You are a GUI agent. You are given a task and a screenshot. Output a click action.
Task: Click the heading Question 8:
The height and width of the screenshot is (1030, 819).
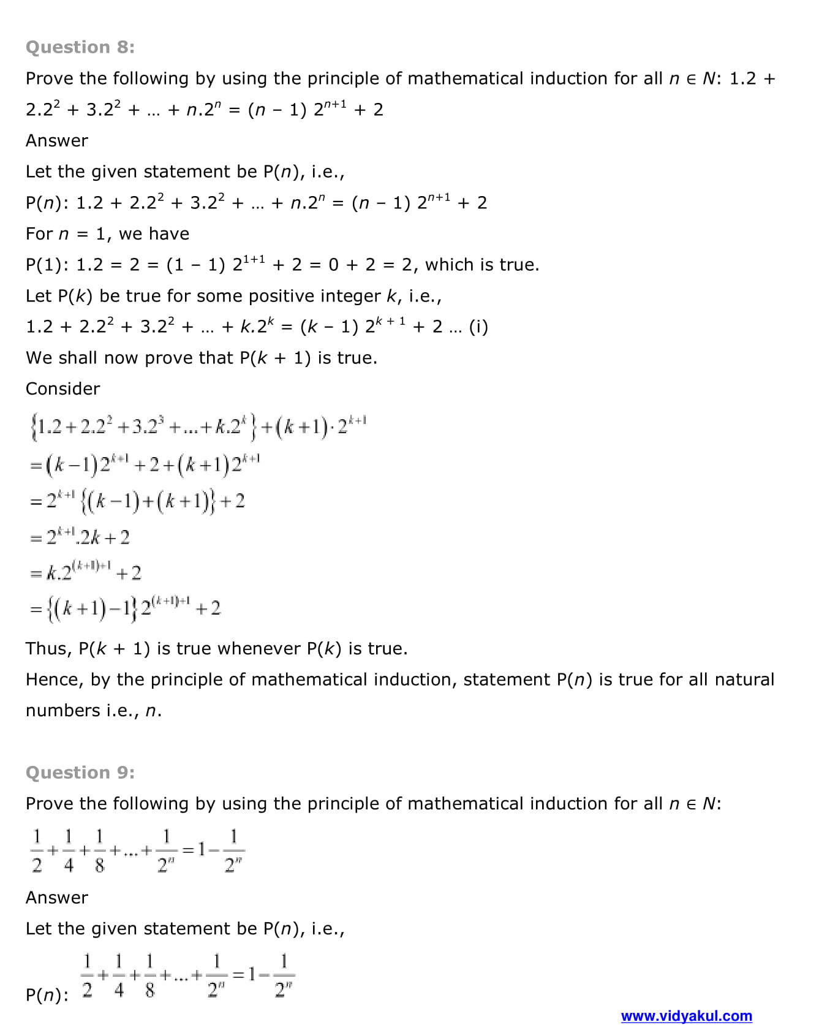80,47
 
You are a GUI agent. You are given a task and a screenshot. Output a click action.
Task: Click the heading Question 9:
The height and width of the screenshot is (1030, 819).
80,772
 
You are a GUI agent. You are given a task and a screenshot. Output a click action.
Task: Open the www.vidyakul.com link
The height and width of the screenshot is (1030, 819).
686,1016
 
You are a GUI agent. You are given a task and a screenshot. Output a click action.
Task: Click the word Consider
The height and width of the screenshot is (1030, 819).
62,388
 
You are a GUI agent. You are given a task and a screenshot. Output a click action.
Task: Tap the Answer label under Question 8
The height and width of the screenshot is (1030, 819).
57,140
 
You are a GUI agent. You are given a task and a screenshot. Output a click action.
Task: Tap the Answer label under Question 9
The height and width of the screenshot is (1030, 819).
57,898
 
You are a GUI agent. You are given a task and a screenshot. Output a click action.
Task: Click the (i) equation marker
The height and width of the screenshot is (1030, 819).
478,327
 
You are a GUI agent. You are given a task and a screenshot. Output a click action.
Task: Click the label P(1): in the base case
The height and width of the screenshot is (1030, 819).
47,265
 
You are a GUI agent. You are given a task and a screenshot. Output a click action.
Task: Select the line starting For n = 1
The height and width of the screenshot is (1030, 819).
107,233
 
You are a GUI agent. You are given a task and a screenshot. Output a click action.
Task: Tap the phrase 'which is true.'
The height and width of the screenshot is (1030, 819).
482,265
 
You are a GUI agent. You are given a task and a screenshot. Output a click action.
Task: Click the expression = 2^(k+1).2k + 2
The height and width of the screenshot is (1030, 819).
80,537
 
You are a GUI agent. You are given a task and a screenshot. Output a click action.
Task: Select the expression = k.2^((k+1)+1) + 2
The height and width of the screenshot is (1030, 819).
86,573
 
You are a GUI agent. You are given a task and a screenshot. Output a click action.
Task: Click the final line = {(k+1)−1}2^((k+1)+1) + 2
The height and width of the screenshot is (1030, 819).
126,608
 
